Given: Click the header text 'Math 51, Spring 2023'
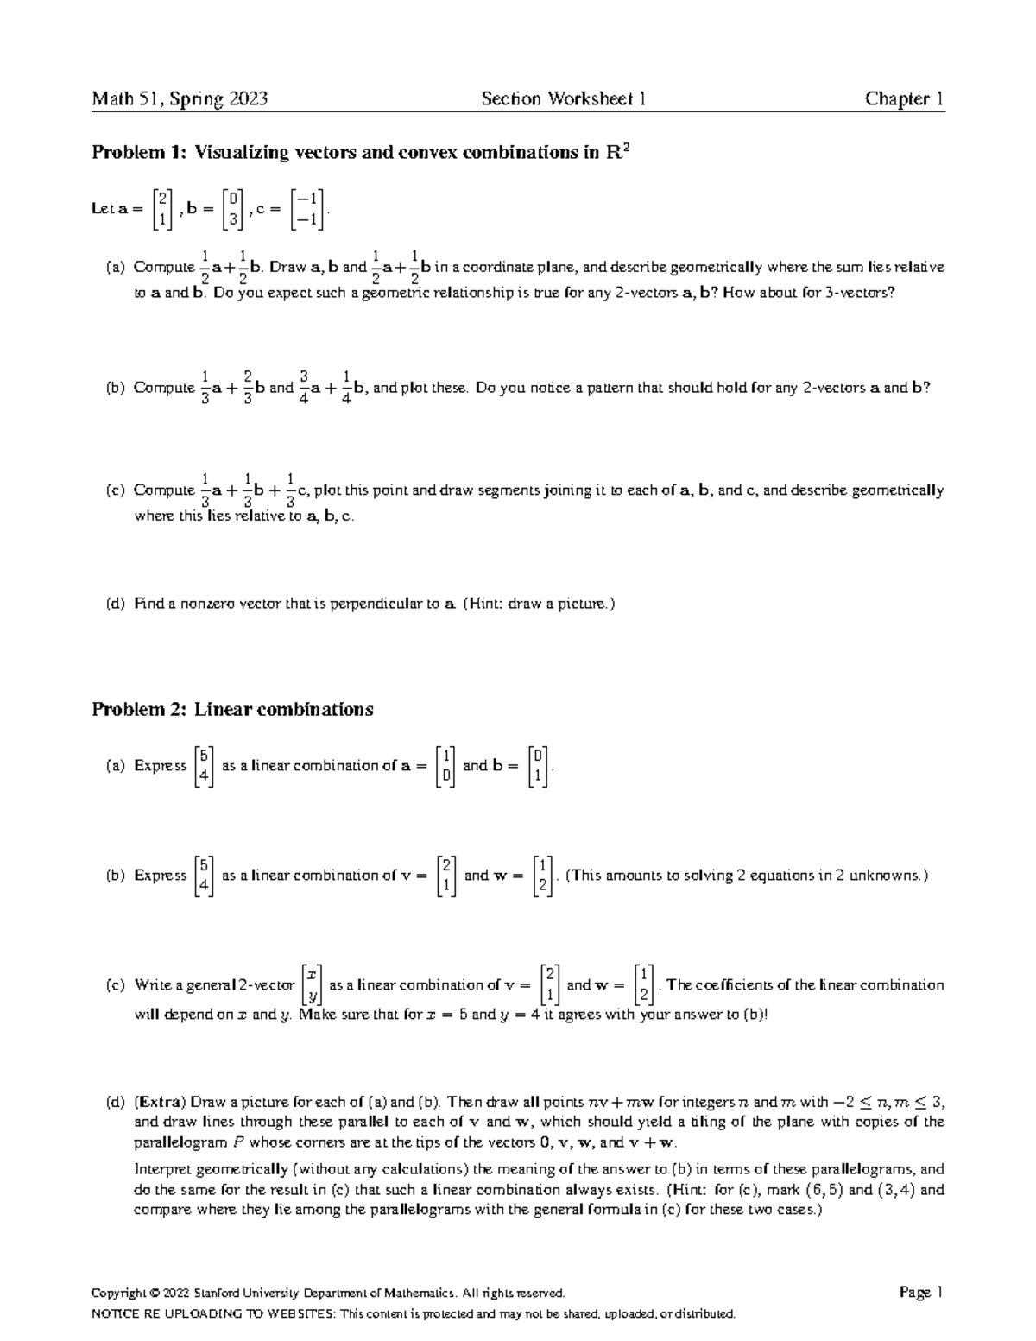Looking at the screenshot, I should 180,99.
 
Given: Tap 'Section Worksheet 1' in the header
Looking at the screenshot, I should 564,99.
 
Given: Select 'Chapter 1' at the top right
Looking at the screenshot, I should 904,99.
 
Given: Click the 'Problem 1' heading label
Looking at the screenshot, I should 138,154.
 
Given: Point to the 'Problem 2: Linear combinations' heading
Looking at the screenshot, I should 232,710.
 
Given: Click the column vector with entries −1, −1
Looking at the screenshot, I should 309,209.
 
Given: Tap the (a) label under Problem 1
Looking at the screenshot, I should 116,268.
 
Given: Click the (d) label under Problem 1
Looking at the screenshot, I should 116,604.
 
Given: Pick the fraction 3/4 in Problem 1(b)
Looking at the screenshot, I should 304,389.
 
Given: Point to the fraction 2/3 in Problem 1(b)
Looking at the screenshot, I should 248,389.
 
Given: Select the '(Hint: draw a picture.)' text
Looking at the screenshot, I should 540,604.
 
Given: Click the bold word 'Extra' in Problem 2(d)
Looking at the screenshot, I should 159,1103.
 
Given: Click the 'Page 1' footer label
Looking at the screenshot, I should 921,1293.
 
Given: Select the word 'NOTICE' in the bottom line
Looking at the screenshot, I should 115,1314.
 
